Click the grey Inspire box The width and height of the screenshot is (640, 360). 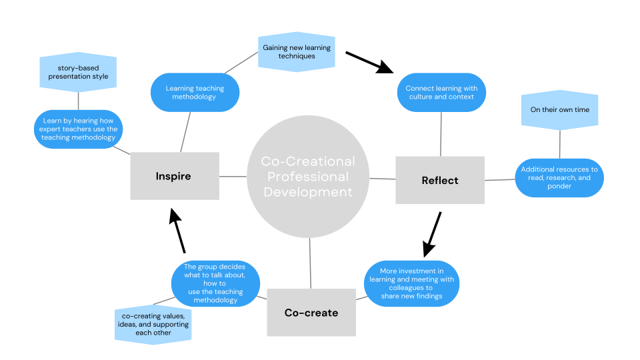pos(174,176)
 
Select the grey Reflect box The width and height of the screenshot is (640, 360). pos(440,180)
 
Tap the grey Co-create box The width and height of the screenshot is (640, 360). pos(311,312)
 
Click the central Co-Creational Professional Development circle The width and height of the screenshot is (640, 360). pos(308,177)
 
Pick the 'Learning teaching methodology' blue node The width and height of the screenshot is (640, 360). pos(195,93)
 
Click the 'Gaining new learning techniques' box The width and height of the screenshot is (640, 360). pos(297,52)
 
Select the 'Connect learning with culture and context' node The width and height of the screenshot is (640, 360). pos(441,92)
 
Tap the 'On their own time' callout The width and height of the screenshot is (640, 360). pos(559,109)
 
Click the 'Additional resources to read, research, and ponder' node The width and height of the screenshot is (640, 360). pos(559,177)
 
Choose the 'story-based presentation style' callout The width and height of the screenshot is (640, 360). pos(78,72)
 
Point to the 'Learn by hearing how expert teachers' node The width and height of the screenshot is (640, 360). pos(79,129)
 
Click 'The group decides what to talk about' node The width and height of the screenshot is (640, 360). pos(215,283)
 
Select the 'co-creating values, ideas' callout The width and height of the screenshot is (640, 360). pos(153,323)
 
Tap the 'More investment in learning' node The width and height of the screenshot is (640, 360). pos(411,283)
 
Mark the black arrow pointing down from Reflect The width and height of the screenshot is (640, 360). pos(432,235)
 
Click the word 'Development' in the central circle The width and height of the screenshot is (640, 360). pos(308,192)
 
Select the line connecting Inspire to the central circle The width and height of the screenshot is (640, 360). pos(233,177)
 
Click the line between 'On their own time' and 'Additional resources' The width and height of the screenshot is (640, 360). pos(559,143)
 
